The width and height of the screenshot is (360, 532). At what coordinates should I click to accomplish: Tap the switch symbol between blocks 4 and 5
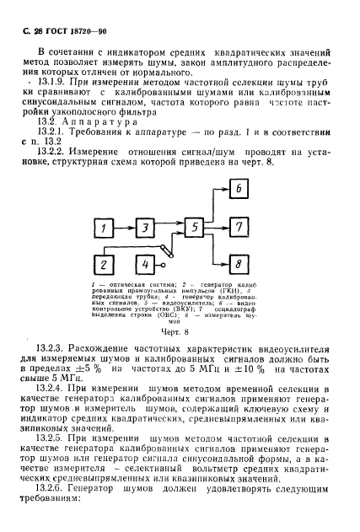click(x=174, y=250)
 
